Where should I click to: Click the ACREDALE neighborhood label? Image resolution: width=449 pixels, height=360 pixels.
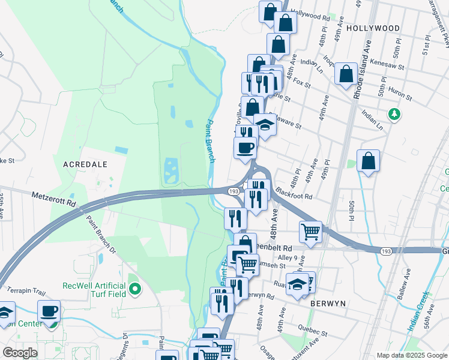85,164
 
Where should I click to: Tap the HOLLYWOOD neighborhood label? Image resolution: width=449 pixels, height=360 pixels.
373,28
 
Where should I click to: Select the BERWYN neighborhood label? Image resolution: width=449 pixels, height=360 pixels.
328,304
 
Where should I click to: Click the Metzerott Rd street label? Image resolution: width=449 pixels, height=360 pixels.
54,200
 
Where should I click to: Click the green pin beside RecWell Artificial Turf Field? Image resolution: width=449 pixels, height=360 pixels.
135,290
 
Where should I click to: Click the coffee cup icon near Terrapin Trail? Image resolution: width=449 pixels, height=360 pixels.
49,311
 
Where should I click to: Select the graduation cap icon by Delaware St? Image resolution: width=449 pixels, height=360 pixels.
265,124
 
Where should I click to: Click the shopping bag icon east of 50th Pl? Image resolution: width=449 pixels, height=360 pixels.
369,161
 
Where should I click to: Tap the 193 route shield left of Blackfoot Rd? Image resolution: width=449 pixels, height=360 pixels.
235,191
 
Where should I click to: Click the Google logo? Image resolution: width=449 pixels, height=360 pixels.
20,353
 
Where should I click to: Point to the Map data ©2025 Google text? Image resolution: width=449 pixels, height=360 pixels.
411,355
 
